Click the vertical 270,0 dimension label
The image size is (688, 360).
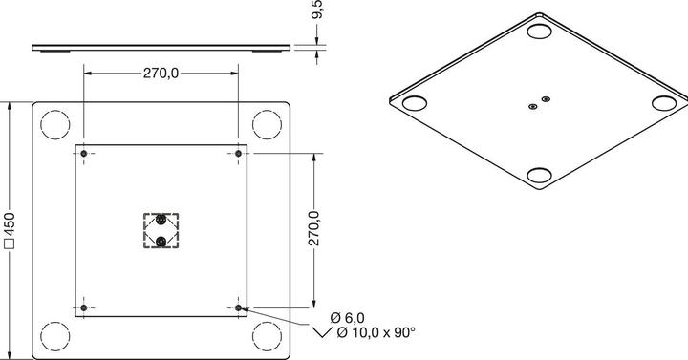(312, 230)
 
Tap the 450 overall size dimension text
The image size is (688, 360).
(9, 230)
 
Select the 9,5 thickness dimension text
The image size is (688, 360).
(318, 11)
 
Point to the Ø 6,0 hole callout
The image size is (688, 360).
(348, 317)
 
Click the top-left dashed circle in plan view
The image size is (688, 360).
(55, 124)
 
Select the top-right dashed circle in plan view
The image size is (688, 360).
(268, 124)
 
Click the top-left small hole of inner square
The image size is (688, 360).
(85, 154)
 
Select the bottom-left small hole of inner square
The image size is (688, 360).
(85, 307)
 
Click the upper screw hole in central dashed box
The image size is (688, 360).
(161, 222)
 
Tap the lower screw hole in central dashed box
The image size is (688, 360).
(161, 240)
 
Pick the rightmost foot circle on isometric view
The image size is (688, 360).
(663, 102)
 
